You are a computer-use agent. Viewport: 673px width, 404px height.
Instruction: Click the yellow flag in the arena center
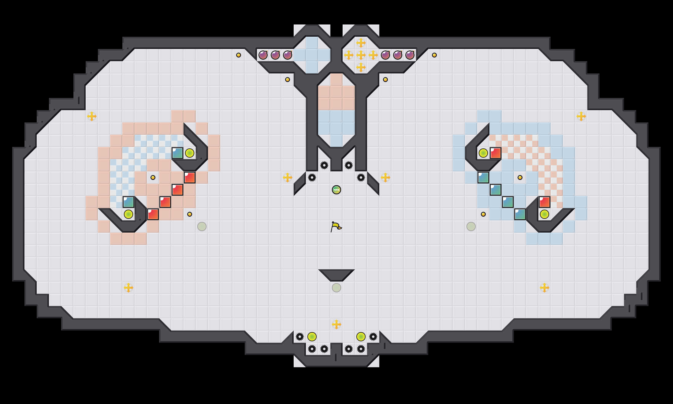[336, 227]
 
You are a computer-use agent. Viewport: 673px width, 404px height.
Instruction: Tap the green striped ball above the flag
[336, 190]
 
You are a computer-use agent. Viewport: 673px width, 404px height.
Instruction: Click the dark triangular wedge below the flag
[336, 274]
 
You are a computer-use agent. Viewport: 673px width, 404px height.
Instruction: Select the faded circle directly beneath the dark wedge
[336, 288]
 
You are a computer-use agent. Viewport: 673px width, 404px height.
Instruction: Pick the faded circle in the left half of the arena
[202, 226]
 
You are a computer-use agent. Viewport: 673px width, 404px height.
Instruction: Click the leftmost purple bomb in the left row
[263, 55]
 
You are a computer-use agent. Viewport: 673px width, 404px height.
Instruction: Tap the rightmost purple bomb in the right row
[410, 55]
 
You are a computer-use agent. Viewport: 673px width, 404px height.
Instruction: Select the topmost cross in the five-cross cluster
[361, 43]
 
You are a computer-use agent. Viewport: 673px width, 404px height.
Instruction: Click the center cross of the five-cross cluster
[361, 55]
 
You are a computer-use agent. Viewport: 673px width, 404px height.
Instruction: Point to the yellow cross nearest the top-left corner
[92, 116]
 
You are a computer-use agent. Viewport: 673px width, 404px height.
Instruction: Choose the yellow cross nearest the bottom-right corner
[545, 288]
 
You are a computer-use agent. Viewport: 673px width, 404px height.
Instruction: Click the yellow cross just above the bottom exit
[336, 324]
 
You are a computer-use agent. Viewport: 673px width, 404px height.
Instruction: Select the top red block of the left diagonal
[190, 178]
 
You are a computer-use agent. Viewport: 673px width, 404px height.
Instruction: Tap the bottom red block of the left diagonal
[153, 214]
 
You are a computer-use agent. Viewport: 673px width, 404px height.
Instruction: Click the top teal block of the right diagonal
[483, 178]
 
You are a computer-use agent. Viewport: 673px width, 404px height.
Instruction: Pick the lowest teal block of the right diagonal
[520, 214]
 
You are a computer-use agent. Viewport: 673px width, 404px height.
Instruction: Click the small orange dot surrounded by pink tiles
[153, 178]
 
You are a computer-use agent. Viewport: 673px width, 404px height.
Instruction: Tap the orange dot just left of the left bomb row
[239, 55]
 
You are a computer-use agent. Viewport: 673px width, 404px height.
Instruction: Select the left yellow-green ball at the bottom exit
[312, 337]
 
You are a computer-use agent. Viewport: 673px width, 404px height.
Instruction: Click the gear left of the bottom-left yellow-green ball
[300, 337]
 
